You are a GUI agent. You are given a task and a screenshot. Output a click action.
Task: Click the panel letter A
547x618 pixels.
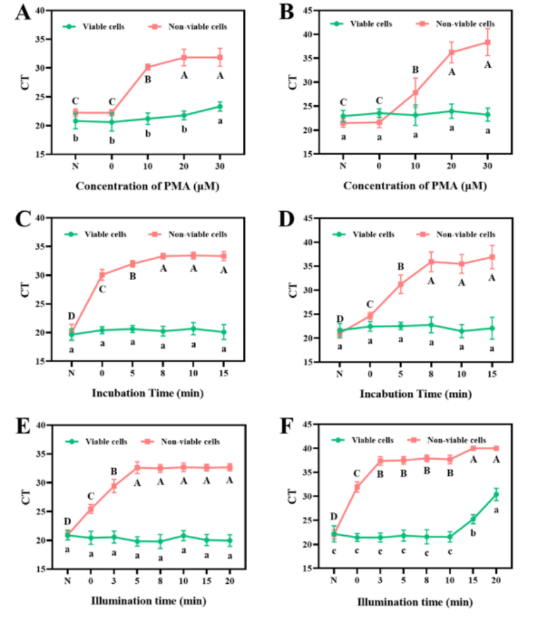(22, 12)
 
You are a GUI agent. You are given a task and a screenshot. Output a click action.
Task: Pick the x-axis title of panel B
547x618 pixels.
(415, 186)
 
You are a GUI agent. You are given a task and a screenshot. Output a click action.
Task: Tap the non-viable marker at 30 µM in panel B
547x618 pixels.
(488, 42)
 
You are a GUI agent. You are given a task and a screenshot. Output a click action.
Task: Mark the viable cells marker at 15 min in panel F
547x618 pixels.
(473, 519)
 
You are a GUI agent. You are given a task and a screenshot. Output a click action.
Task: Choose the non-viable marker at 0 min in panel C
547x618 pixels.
(101, 274)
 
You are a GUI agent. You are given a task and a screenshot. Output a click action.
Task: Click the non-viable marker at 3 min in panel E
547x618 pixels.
(114, 486)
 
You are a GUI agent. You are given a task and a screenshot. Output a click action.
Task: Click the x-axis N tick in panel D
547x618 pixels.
(340, 373)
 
